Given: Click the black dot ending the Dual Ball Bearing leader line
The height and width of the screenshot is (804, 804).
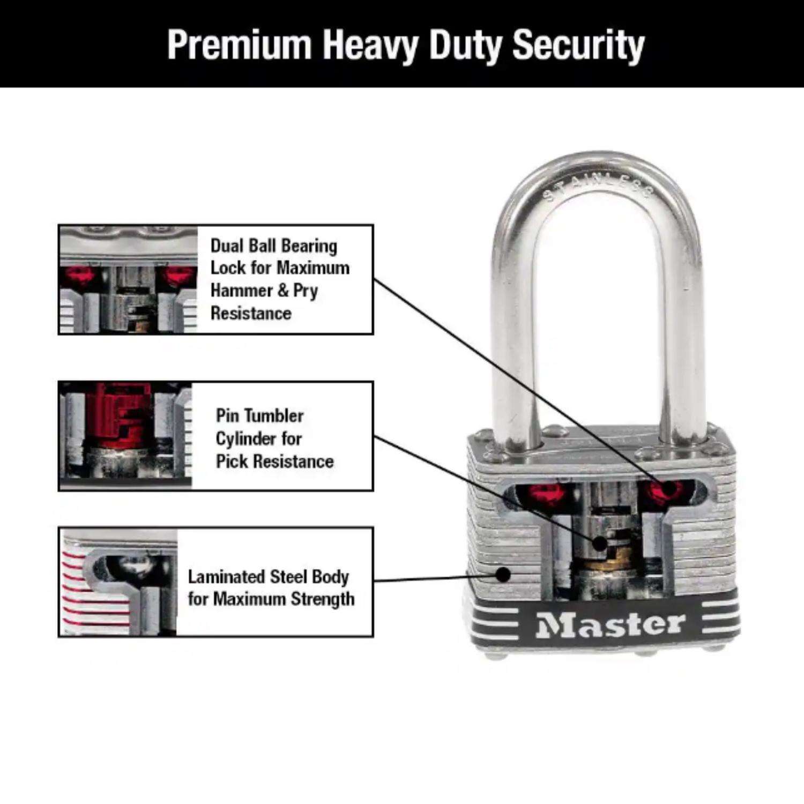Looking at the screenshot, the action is (667, 488).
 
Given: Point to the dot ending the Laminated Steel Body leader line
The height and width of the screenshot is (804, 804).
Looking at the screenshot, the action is (503, 575).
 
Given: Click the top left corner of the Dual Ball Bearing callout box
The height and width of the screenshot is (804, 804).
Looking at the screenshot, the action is (58, 225).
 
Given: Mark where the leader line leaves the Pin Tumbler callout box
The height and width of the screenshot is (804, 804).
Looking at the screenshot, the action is (374, 436).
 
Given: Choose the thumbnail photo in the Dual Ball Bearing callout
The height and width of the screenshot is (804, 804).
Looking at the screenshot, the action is (129, 280).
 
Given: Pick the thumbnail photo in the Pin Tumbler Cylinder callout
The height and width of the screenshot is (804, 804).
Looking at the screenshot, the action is (125, 436).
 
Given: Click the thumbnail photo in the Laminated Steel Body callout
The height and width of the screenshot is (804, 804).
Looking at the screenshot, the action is (118, 582).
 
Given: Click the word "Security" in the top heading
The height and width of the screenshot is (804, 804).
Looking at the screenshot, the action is (578, 45).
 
